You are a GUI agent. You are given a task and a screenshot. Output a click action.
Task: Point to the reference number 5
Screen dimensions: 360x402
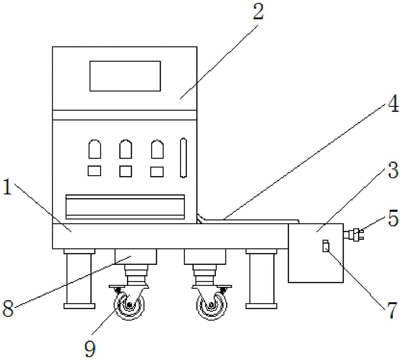(392, 219)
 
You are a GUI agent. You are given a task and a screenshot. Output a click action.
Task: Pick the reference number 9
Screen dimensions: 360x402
(91, 348)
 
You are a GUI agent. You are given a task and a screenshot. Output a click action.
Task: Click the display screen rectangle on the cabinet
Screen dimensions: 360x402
(125, 76)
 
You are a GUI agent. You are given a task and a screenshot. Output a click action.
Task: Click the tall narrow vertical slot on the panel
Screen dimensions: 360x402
(184, 158)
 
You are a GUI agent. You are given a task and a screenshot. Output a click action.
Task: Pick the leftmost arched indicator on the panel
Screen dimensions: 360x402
(94, 149)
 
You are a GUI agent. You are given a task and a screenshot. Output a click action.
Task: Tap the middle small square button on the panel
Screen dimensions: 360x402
(126, 171)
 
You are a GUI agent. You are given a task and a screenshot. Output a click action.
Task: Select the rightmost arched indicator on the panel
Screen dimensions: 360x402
(157, 149)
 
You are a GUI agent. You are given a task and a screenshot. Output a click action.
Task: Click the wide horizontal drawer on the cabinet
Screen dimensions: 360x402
(125, 206)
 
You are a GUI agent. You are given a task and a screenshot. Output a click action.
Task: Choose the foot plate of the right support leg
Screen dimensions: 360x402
(261, 306)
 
